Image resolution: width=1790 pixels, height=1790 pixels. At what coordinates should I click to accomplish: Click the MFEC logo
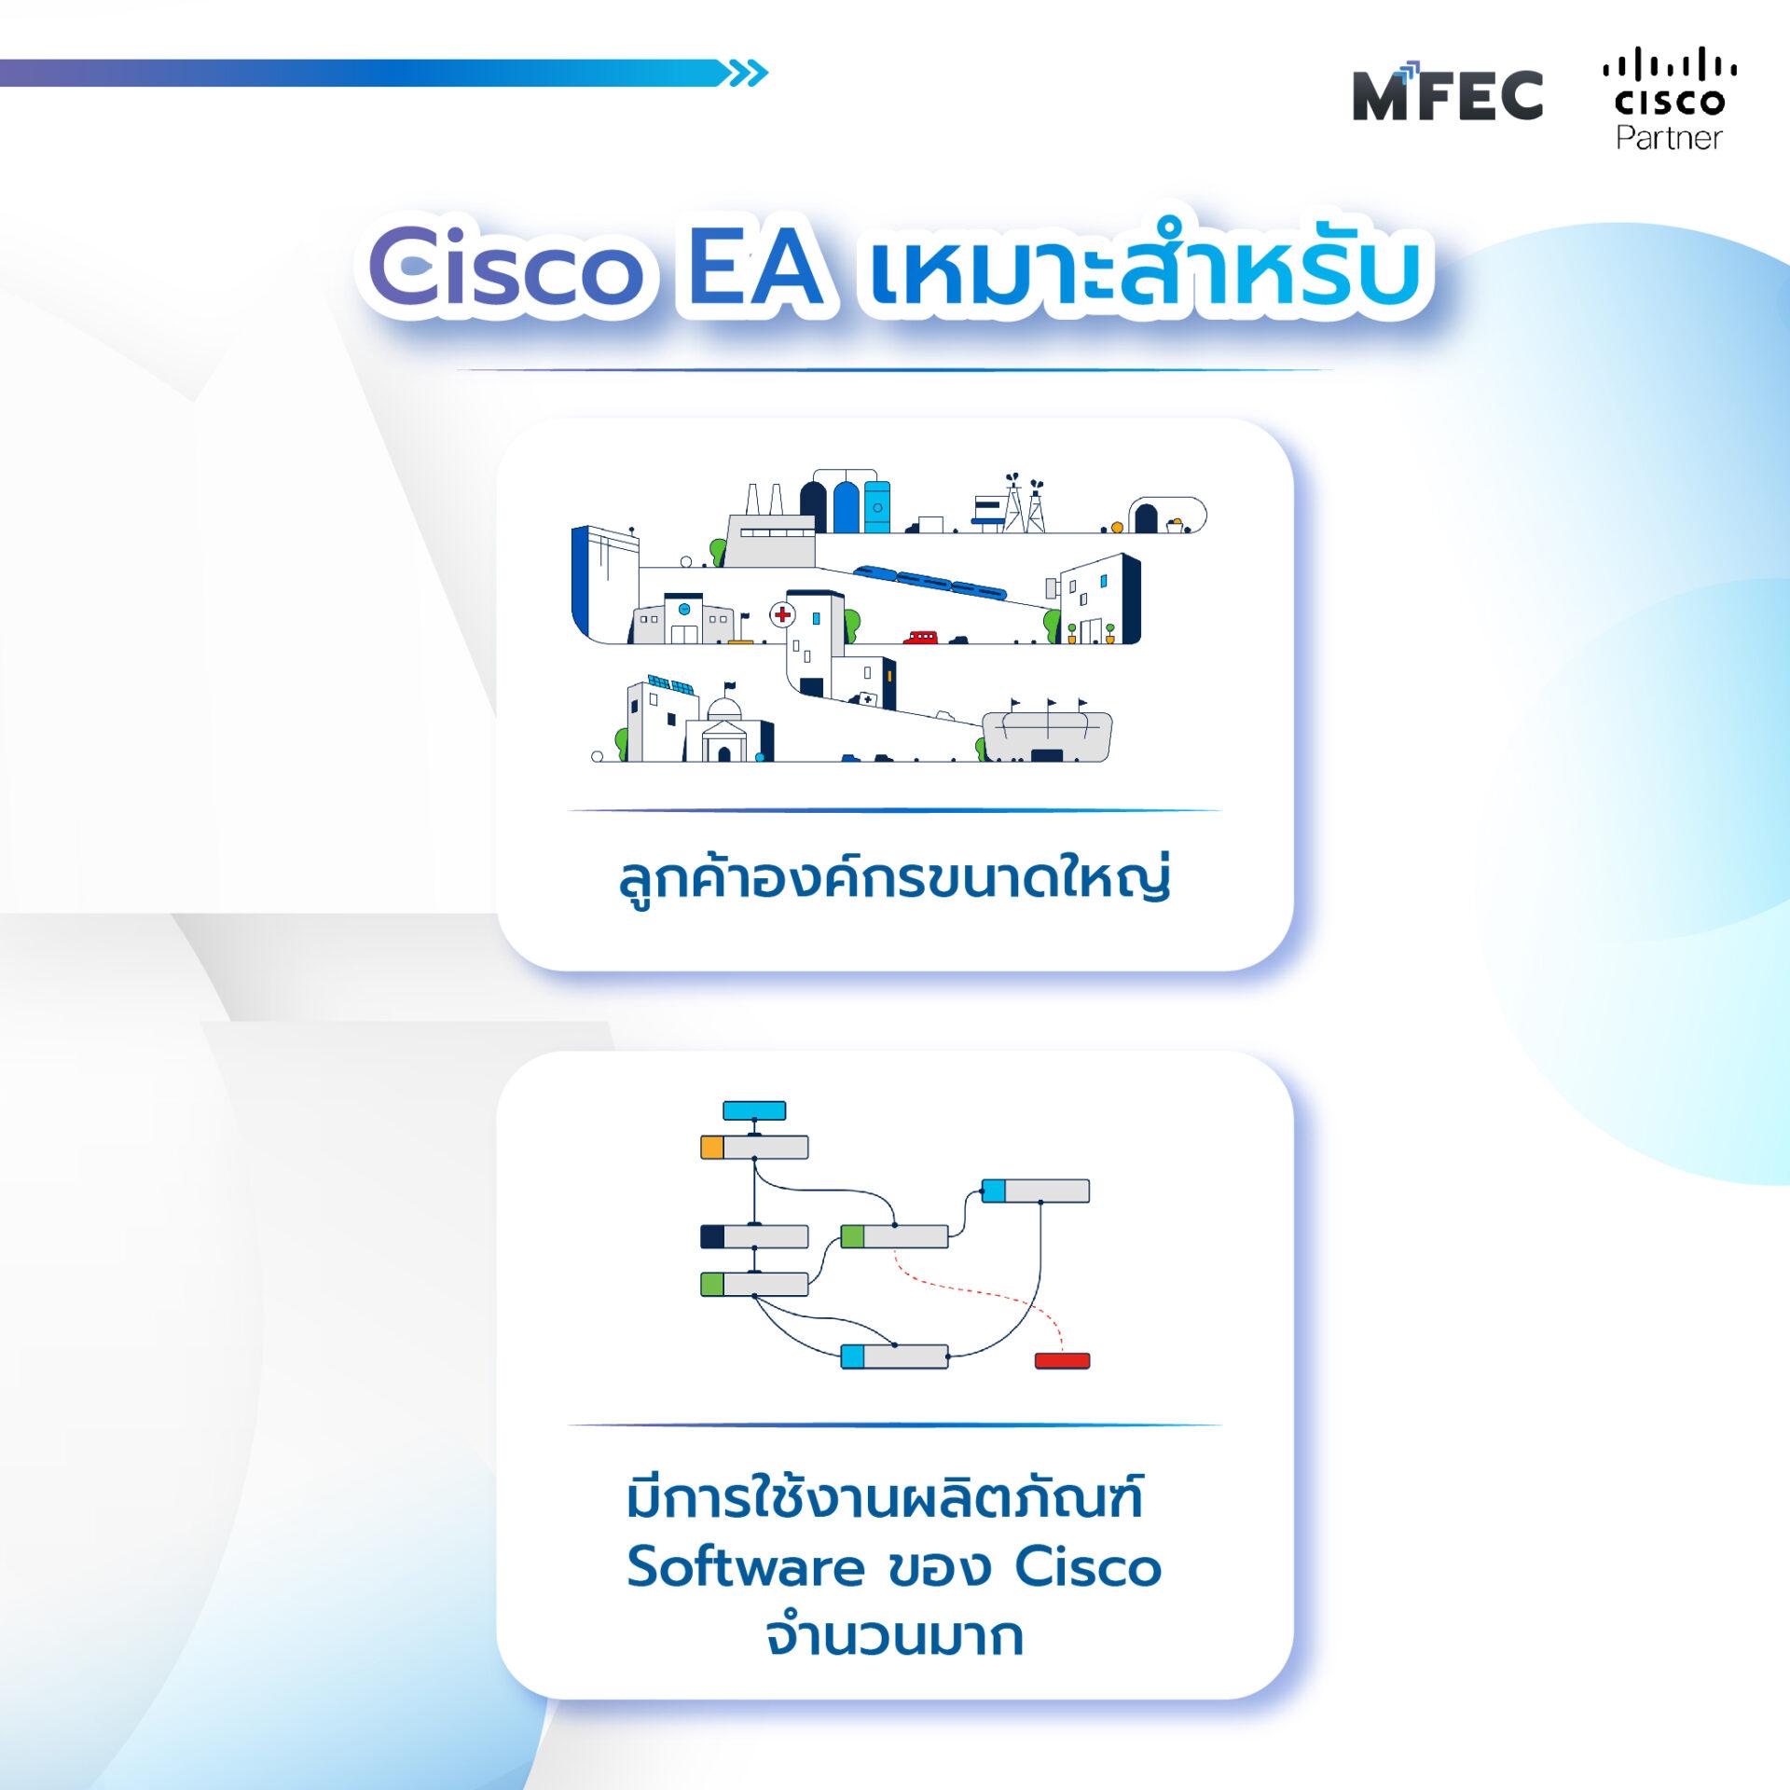[1447, 96]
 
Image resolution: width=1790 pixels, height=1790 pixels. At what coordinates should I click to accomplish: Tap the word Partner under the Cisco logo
[1669, 139]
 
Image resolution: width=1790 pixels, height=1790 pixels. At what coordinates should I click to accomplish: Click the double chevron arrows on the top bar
[748, 74]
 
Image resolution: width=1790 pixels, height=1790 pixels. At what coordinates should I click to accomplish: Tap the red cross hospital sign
[782, 614]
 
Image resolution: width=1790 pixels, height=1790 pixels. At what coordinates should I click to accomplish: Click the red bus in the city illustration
[920, 638]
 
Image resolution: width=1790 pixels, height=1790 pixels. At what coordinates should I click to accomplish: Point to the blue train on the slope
[930, 581]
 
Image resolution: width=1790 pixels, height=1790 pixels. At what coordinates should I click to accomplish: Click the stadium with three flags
[1047, 736]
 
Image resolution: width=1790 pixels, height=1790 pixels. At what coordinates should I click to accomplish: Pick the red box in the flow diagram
[1062, 1360]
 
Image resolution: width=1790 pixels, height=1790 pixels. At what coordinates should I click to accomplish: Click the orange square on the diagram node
[712, 1147]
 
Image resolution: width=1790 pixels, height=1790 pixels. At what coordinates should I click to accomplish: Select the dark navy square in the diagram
[712, 1236]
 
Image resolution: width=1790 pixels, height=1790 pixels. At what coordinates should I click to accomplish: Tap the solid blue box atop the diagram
[754, 1110]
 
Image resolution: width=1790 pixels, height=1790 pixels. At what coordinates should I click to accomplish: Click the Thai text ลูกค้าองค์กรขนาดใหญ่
[894, 879]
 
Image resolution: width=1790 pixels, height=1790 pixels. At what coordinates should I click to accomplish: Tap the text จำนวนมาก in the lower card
[894, 1637]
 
